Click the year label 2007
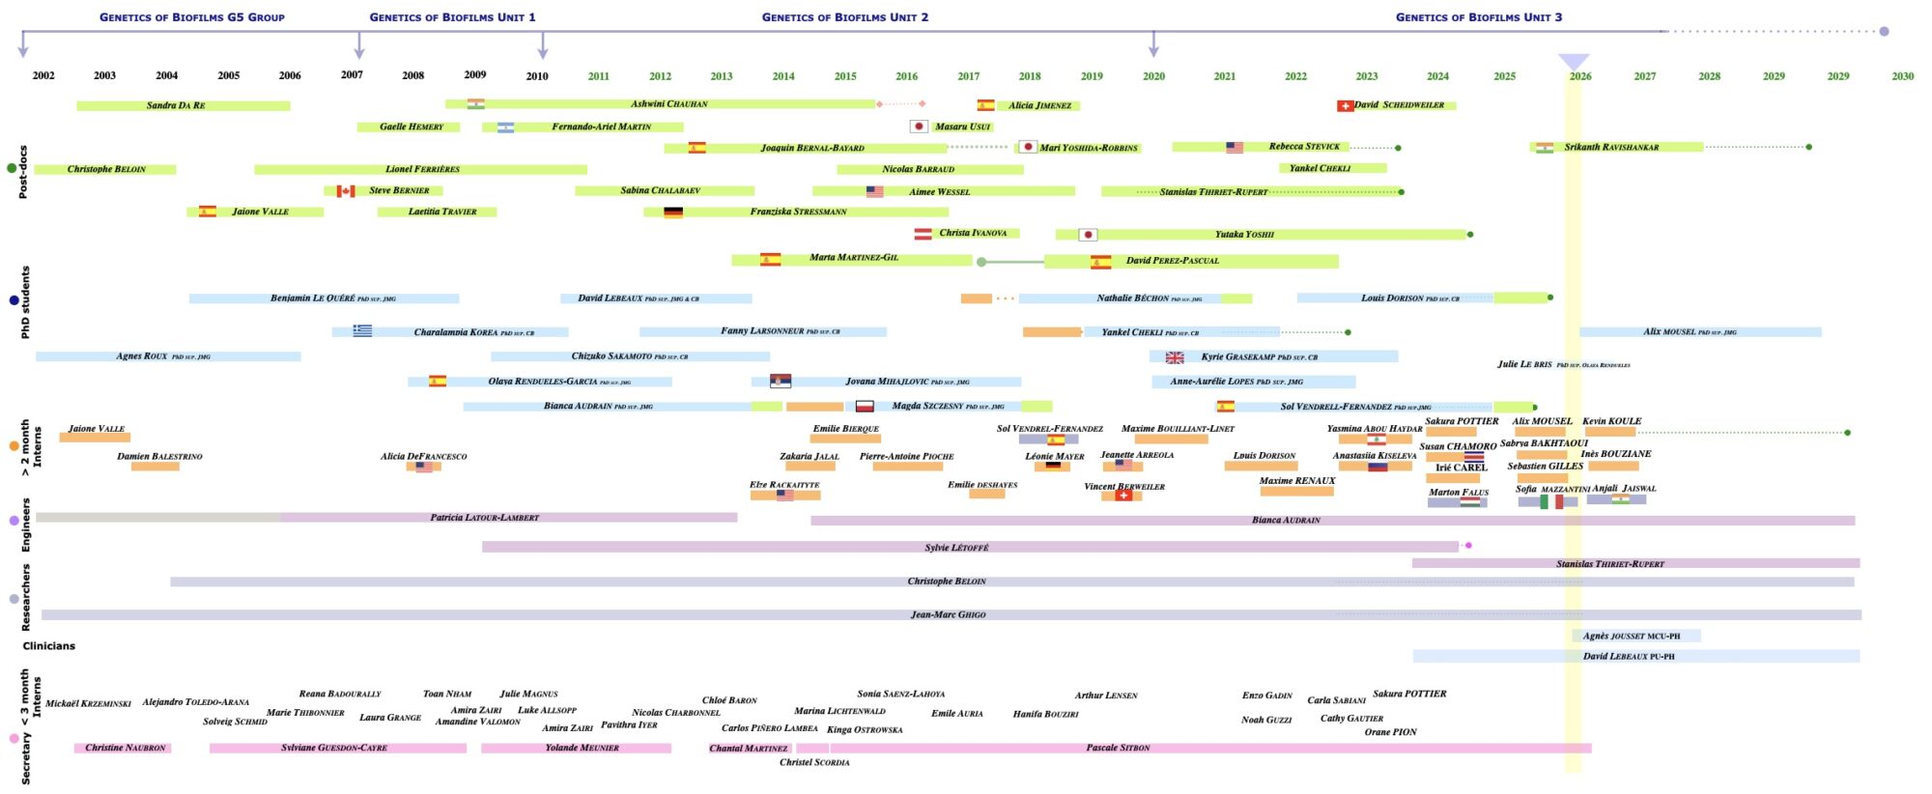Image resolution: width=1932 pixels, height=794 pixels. (x=352, y=74)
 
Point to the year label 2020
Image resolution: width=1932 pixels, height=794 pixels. (x=1153, y=75)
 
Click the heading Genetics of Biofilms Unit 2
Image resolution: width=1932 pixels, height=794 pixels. (x=844, y=17)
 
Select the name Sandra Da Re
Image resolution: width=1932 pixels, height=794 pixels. (x=176, y=105)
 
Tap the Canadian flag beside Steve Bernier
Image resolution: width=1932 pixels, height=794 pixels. (x=346, y=191)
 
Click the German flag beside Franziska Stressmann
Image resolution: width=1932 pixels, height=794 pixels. (x=673, y=213)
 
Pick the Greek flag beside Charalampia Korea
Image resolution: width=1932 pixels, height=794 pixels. (x=362, y=330)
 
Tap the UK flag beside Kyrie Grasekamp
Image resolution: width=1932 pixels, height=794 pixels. (x=1175, y=357)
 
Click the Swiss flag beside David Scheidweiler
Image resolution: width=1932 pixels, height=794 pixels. (x=1345, y=105)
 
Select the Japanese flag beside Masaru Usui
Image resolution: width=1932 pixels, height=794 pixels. (x=919, y=127)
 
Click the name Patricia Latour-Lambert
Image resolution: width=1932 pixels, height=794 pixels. (x=484, y=518)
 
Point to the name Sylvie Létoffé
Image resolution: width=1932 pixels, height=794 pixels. (x=956, y=548)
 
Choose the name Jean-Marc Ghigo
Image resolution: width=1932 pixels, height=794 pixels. (x=948, y=614)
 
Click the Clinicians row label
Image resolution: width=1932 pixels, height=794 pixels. (x=49, y=646)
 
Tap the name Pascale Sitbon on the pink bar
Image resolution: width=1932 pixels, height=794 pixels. (x=1118, y=748)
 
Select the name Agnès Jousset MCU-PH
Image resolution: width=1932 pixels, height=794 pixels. (x=1631, y=636)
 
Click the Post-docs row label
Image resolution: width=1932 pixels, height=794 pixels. (x=23, y=172)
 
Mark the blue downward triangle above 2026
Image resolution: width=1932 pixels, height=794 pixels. (x=1574, y=61)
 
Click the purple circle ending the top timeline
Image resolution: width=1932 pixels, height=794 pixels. (x=1884, y=31)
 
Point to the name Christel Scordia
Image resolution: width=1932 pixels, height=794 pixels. (x=814, y=762)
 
